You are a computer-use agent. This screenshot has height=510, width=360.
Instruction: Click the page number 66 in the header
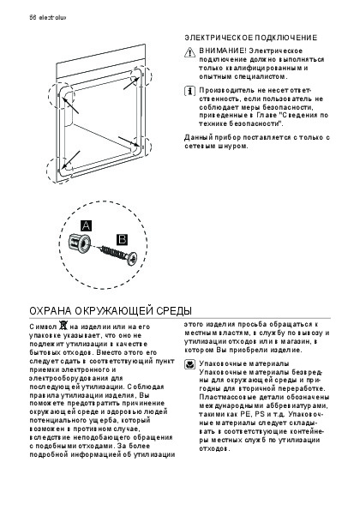(33, 17)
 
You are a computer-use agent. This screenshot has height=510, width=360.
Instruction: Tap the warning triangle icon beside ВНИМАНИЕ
(189, 52)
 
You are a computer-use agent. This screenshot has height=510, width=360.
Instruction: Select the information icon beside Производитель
(189, 91)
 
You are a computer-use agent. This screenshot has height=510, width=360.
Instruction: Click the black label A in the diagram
(87, 225)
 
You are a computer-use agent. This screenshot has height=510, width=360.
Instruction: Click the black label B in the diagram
(123, 239)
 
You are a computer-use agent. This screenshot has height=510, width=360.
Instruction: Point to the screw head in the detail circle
(132, 258)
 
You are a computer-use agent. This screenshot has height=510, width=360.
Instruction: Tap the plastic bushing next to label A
(79, 243)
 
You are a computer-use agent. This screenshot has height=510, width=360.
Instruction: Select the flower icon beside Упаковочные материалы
(189, 364)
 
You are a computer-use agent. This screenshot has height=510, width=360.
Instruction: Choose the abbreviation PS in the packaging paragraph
(260, 414)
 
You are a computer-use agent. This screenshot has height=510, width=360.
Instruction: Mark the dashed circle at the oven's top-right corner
(141, 75)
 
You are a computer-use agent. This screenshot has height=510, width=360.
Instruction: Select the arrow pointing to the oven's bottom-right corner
(129, 141)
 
